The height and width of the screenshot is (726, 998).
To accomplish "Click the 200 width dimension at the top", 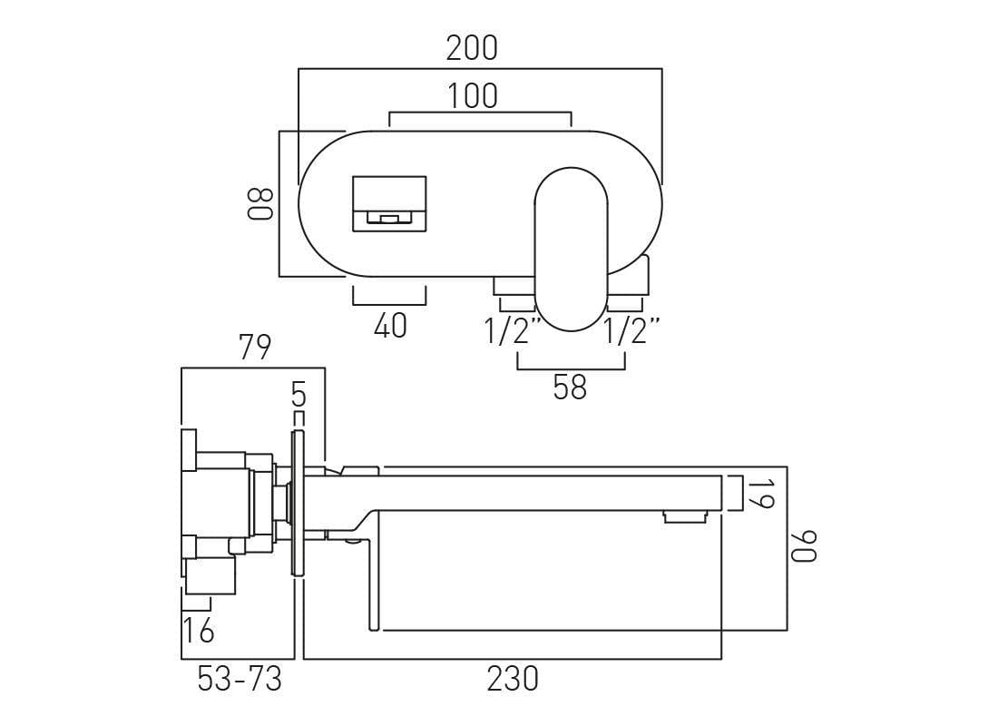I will [472, 48].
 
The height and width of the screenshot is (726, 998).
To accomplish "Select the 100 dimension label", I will [473, 95].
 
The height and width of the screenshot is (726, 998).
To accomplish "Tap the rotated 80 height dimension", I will [260, 203].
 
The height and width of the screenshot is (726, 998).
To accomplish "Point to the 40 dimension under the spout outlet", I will [390, 326].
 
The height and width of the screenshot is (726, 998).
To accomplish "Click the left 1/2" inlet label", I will [514, 331].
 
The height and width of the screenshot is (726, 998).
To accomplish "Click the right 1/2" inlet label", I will [631, 331].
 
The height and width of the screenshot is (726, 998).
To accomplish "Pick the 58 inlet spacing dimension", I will [570, 388].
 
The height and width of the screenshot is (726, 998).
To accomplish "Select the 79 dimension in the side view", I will [254, 347].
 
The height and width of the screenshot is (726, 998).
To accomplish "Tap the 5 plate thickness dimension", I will [298, 396].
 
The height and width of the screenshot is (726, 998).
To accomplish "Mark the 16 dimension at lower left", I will [198, 630].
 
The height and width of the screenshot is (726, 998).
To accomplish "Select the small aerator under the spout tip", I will [685, 516].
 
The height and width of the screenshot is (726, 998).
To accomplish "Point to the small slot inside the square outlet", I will [389, 218].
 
